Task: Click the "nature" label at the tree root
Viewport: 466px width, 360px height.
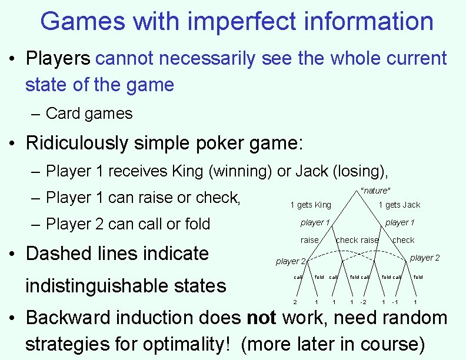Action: [375, 190]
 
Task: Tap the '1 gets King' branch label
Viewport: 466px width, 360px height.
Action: [311, 205]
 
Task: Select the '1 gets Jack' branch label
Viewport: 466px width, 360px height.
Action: [399, 205]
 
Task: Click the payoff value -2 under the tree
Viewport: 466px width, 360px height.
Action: [363, 302]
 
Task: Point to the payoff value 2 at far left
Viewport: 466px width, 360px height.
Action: [295, 302]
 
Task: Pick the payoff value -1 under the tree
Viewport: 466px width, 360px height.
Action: [395, 302]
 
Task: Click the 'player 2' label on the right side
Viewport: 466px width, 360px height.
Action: [424, 258]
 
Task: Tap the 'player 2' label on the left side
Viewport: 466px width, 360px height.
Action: [291, 261]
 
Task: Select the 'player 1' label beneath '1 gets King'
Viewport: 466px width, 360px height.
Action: [315, 222]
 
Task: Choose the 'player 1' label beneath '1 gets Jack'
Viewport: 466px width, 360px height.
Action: [400, 222]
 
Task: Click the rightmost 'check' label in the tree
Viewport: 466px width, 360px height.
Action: [403, 240]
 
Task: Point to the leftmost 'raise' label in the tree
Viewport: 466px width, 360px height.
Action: [309, 240]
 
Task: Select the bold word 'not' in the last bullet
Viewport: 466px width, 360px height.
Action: [261, 318]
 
